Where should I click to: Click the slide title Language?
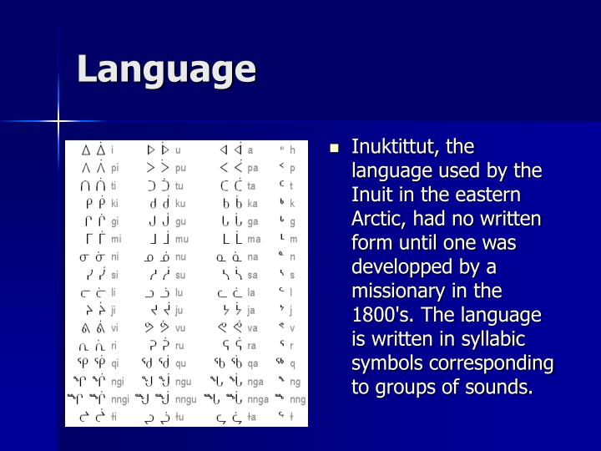point(166,69)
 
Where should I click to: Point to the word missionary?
point(402,291)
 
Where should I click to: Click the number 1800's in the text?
point(381,316)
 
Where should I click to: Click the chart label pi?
point(114,167)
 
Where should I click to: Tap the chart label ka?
point(252,203)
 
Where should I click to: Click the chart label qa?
point(252,363)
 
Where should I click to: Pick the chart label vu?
point(180,328)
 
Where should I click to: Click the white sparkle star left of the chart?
point(59,124)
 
